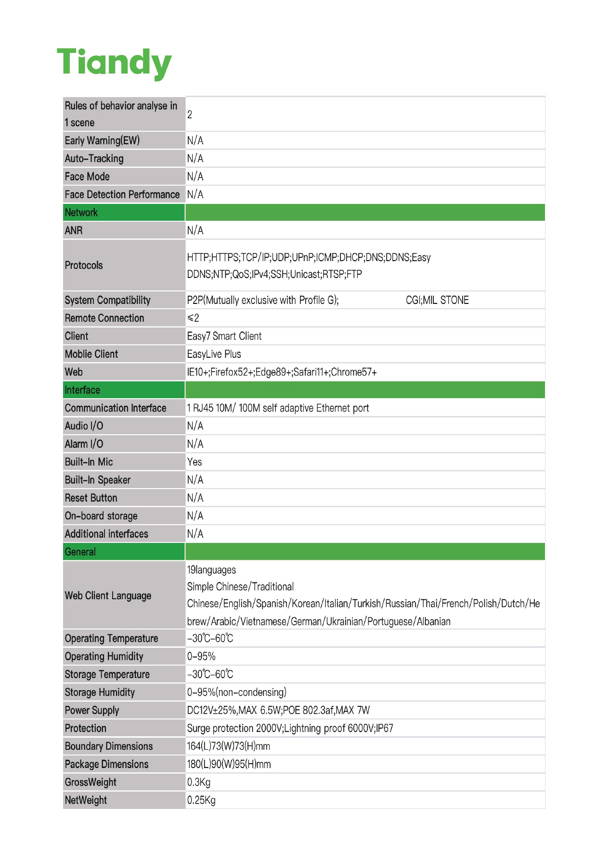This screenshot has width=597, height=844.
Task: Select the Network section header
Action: click(81, 213)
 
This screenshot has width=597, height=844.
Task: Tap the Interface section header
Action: click(82, 390)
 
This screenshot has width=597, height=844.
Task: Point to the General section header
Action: click(80, 552)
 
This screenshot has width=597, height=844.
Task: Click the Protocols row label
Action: click(84, 265)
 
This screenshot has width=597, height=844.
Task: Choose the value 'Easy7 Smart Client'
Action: click(224, 336)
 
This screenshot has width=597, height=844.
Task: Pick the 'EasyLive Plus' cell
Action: click(214, 354)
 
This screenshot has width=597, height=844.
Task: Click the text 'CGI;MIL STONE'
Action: click(437, 300)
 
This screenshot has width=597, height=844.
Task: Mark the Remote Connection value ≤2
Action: click(193, 318)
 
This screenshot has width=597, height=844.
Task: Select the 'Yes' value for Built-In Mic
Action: click(195, 462)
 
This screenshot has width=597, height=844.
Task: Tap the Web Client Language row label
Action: click(108, 596)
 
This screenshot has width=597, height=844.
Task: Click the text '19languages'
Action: click(211, 570)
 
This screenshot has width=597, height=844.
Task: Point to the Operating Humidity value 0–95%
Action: click(201, 656)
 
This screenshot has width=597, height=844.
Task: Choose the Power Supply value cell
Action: click(278, 710)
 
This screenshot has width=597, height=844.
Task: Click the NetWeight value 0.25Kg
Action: click(201, 800)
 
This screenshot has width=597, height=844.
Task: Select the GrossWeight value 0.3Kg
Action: click(199, 782)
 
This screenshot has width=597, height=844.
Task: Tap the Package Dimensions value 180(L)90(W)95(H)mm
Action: click(229, 764)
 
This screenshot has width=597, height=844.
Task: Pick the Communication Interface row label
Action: click(116, 408)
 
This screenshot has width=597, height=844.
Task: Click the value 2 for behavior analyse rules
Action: click(190, 114)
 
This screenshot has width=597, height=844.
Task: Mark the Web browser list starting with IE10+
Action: click(282, 372)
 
